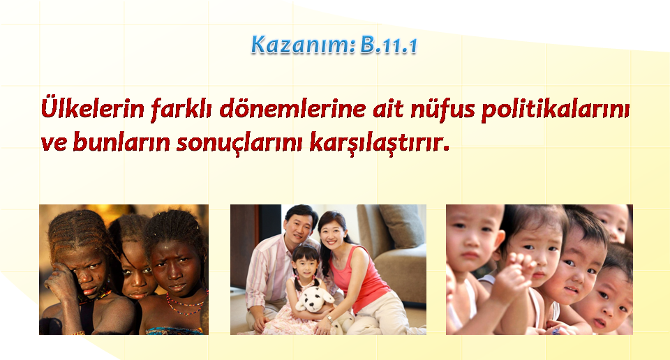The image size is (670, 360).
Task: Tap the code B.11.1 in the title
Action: [x=389, y=45]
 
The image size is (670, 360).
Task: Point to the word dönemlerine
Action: [x=292, y=108]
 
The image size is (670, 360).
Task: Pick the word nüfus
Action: [x=442, y=109]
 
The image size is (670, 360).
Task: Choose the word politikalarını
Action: [x=556, y=110]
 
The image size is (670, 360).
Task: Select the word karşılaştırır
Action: [x=380, y=142]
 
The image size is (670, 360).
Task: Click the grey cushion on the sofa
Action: [x=401, y=226]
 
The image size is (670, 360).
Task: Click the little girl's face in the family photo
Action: [x=305, y=266]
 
